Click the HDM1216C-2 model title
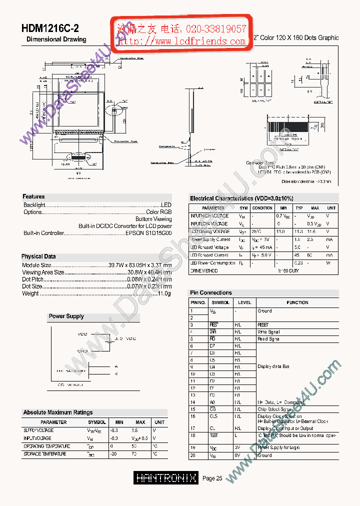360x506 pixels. tap(50, 28)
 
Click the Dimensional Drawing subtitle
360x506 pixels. tap(56, 39)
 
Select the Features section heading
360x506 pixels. tap(33, 196)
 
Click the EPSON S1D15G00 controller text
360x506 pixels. tap(148, 233)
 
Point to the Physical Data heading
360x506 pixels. tap(38, 256)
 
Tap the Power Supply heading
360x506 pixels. tap(66, 316)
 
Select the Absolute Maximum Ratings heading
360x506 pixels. tap(57, 412)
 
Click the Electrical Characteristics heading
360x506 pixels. tap(241, 198)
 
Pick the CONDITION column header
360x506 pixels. tap(262, 208)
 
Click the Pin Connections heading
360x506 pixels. tap(210, 293)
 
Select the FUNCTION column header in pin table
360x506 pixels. tap(297, 302)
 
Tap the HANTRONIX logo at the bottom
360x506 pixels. tap(166, 478)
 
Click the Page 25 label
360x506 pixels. tap(212, 478)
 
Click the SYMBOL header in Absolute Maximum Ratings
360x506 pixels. tap(96, 422)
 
